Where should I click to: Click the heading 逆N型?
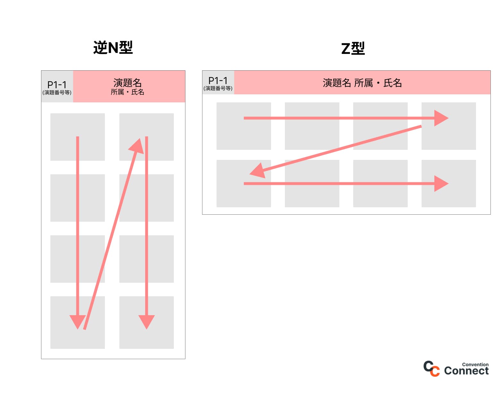[113, 47]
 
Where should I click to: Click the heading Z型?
[353, 48]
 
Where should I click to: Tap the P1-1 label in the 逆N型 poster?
[57, 84]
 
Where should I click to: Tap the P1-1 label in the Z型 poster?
[218, 80]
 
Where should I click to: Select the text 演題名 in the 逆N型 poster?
[127, 83]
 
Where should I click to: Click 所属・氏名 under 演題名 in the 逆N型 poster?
[127, 92]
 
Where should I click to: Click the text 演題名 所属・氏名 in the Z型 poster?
[362, 83]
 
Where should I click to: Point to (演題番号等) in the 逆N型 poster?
[57, 92]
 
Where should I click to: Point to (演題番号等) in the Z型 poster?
[218, 88]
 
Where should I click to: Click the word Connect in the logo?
[466, 371]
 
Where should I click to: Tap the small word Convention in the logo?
[475, 364]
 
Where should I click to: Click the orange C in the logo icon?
[435, 371]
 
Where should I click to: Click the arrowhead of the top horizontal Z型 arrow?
[441, 118]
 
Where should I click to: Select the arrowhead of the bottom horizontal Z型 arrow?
[441, 184]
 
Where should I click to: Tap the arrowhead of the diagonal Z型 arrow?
[258, 171]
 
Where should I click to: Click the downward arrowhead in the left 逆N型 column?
[78, 321]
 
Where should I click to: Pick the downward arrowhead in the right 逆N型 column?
[147, 321]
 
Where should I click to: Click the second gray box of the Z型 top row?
[312, 126]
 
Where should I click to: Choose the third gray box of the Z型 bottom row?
[380, 184]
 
